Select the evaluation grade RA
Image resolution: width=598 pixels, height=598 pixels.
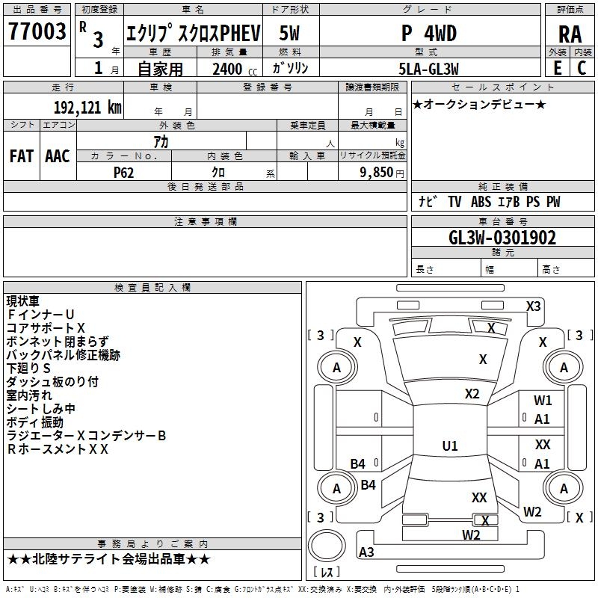pos(570,34)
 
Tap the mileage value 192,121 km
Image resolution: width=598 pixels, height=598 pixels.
pos(87,107)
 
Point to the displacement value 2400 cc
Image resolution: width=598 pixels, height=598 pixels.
pos(230,69)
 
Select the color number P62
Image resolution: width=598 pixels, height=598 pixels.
pos(125,172)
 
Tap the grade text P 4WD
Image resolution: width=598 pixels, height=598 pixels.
pos(428,34)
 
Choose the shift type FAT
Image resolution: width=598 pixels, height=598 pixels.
pos(21,156)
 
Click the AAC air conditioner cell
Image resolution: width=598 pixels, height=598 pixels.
pos(58,156)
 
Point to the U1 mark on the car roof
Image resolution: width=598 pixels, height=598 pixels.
pos(450,446)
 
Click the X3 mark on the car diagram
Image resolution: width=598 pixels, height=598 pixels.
pos(533,306)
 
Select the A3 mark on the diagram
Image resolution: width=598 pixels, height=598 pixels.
pos(366,552)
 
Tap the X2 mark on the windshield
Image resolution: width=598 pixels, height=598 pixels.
pos(472,394)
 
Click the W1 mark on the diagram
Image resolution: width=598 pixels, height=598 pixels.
pos(543,401)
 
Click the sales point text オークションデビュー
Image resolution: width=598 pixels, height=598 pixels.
pos(479,104)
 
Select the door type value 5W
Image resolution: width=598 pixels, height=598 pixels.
pos(289,34)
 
